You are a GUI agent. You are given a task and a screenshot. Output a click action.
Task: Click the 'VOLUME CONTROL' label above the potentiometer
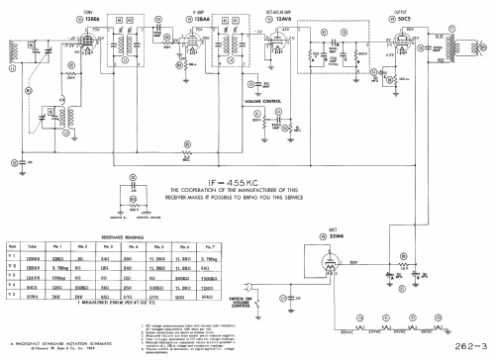point(241,101)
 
